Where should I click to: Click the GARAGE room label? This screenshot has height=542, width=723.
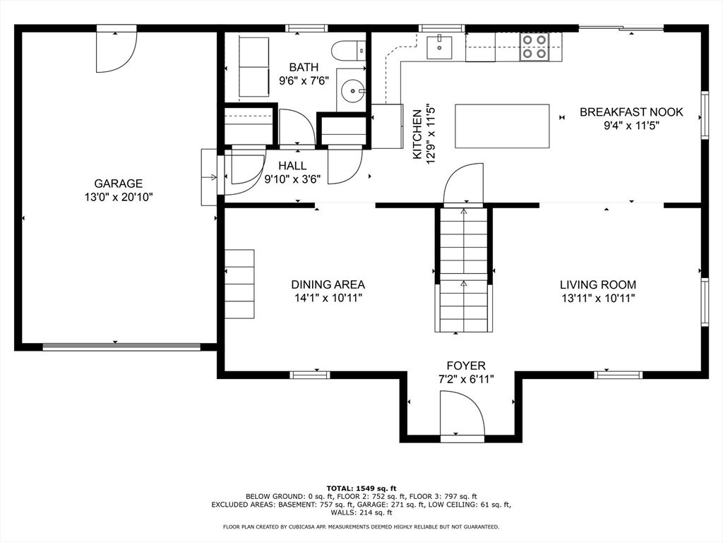118,183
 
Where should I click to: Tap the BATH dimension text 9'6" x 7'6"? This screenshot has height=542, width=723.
304,80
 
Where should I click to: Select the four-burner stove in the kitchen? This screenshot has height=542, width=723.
534,47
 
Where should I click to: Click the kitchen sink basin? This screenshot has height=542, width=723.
439,47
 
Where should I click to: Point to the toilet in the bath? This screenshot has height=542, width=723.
348,50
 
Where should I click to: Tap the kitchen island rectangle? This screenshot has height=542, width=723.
502,126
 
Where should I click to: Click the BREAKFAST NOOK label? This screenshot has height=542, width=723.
631,112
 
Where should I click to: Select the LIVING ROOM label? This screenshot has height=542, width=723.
598,285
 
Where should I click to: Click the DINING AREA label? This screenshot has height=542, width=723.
328,285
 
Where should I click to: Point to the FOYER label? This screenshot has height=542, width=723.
466,366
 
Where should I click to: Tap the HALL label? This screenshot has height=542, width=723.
292,165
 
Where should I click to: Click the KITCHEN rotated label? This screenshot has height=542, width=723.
417,135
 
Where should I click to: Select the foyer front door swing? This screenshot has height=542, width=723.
462,412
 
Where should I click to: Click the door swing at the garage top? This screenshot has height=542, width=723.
116,50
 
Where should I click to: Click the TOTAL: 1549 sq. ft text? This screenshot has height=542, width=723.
361,488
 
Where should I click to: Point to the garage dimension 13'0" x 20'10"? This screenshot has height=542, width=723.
118,198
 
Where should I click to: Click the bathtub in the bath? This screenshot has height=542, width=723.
253,67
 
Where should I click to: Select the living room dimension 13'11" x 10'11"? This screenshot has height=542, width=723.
598,299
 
